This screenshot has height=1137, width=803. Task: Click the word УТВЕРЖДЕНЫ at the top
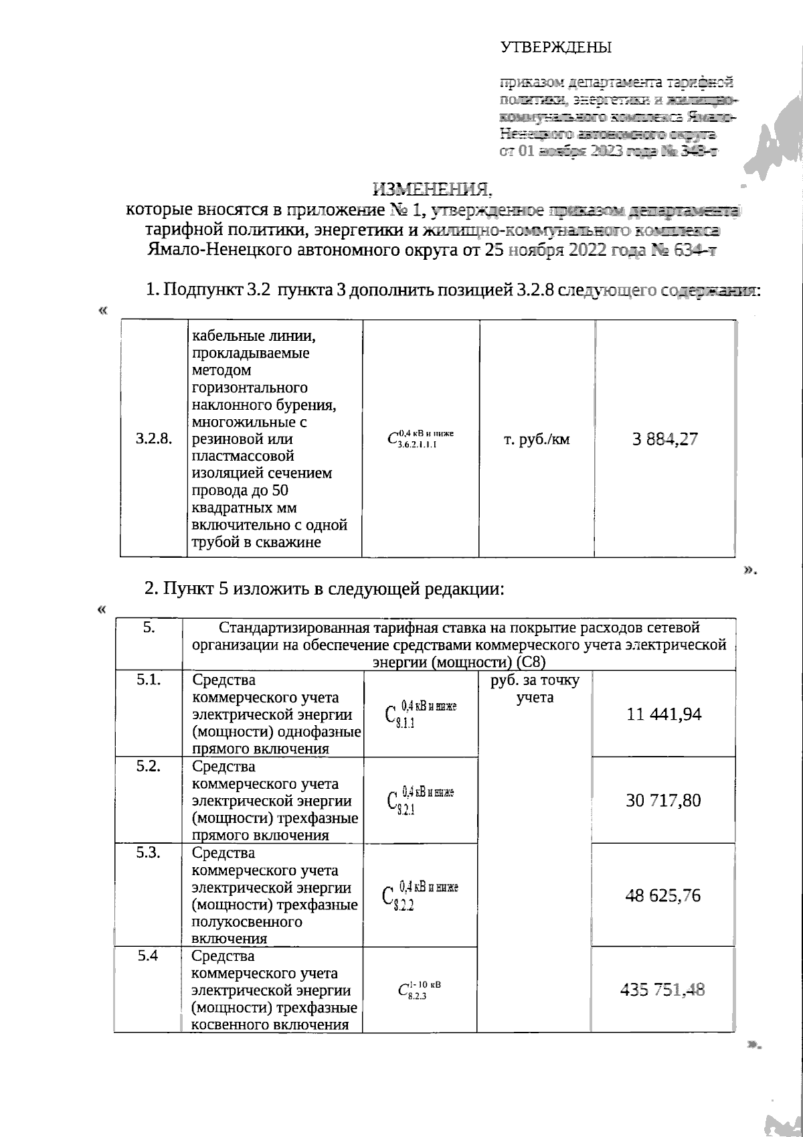point(556,48)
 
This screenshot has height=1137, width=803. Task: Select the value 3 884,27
point(664,439)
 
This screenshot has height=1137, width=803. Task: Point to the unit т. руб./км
point(537,440)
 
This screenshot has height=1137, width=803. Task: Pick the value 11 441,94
point(664,714)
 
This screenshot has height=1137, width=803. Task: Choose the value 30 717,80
point(664,800)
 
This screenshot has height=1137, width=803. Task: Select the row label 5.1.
point(149,680)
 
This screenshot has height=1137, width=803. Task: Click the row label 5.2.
point(149,767)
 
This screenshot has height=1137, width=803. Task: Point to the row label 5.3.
point(149,853)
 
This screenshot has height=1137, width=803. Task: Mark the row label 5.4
point(147,956)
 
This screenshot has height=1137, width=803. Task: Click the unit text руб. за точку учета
point(535,689)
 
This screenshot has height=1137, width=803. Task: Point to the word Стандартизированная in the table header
point(292,628)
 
